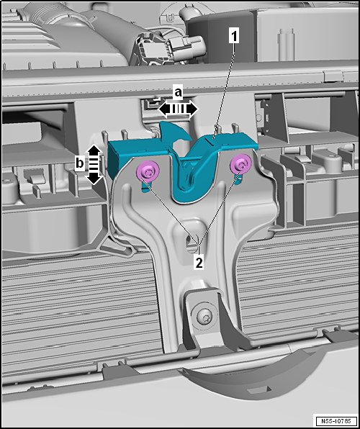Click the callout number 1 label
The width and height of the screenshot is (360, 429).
point(233,37)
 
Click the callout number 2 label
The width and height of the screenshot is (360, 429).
point(199,263)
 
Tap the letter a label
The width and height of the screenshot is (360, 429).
point(179,93)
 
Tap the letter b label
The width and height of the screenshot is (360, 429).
point(80,163)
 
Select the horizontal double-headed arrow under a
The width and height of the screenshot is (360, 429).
point(178,109)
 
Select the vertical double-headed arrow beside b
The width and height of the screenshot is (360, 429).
point(94,164)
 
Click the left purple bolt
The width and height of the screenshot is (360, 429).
point(148,172)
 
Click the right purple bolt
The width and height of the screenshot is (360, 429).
point(241,164)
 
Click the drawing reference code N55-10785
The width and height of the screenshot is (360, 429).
point(337,420)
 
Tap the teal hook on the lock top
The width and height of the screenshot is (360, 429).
point(174,132)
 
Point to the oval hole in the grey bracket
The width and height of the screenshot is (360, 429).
point(189,240)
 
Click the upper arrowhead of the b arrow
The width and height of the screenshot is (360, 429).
point(94,150)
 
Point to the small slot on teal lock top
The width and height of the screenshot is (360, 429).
point(213,141)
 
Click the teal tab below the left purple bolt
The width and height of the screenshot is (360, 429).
point(145,187)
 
